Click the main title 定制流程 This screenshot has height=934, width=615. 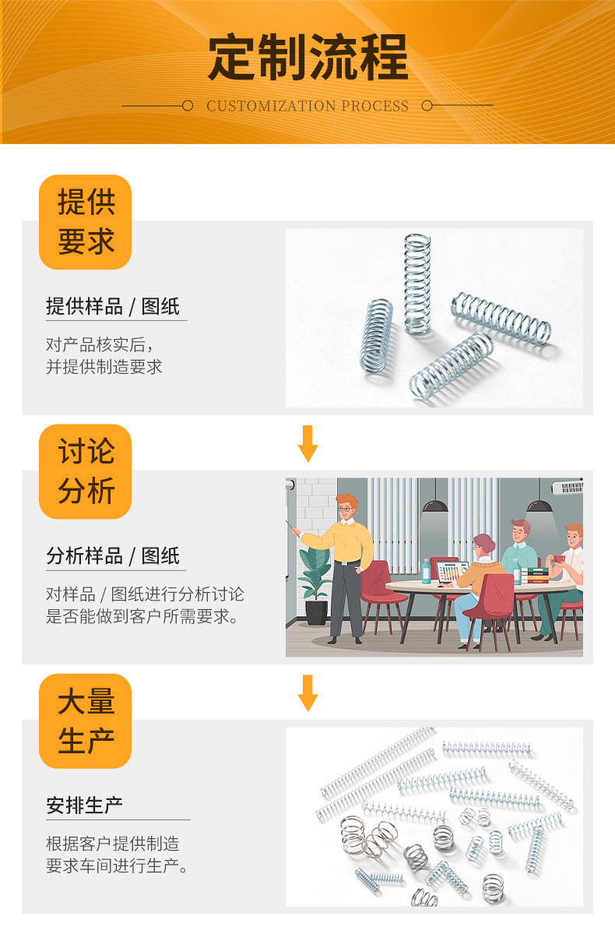[307, 58]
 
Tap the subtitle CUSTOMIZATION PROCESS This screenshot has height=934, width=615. [307, 106]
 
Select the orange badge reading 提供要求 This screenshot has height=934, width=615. [86, 222]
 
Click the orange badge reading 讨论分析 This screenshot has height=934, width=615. [86, 471]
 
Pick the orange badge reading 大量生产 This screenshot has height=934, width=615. [86, 721]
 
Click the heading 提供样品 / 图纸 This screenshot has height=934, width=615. [113, 306]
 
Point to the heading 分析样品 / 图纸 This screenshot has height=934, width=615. [113, 556]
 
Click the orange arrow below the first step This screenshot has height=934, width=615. [308, 443]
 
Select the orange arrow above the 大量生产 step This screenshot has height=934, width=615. [308, 693]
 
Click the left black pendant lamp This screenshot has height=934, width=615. [435, 505]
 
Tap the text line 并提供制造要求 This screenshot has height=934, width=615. [104, 367]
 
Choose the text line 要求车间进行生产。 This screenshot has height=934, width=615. [118, 866]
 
